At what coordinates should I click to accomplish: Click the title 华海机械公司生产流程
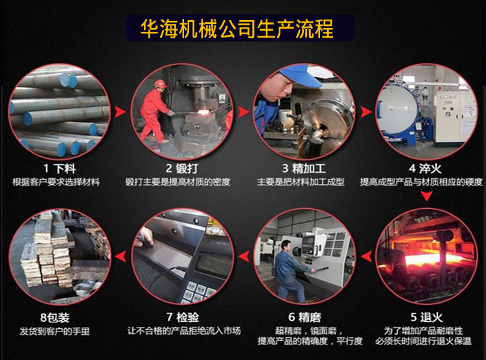(x=237, y=29)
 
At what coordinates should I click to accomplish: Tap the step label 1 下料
(x=60, y=169)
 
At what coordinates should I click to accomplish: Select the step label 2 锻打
(x=181, y=169)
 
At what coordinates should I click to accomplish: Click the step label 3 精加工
(x=304, y=169)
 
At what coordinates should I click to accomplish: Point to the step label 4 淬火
(x=425, y=169)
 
